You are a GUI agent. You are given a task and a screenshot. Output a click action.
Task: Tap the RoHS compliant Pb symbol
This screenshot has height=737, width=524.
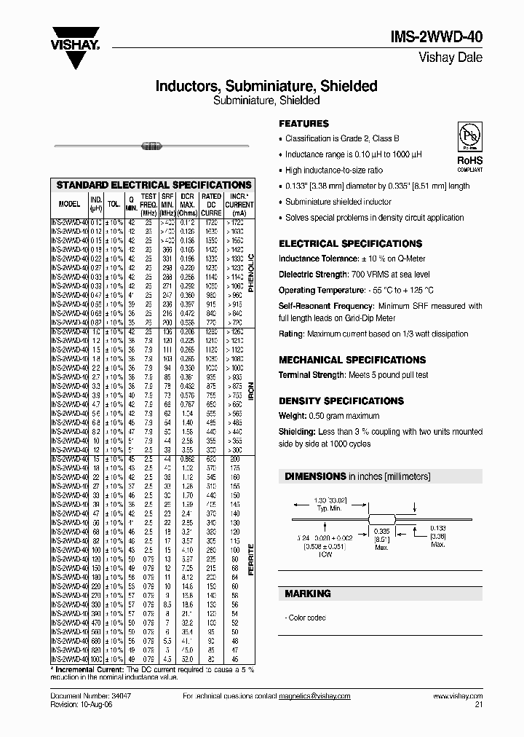469,138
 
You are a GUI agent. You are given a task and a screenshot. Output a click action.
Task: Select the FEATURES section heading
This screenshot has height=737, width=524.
304,124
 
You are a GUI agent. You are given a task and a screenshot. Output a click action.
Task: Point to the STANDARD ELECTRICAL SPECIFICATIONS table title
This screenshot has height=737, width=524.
154,185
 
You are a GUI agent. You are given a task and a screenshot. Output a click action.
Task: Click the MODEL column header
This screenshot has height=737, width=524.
69,205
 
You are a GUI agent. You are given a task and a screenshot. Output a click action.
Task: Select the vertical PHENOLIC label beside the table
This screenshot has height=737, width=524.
252,272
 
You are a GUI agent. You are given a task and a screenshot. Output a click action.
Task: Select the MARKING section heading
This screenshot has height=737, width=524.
307,594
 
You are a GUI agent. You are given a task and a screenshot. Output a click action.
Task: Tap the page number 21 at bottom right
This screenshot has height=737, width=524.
477,705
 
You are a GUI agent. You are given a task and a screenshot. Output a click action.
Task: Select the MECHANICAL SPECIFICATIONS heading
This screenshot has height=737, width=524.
352,360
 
